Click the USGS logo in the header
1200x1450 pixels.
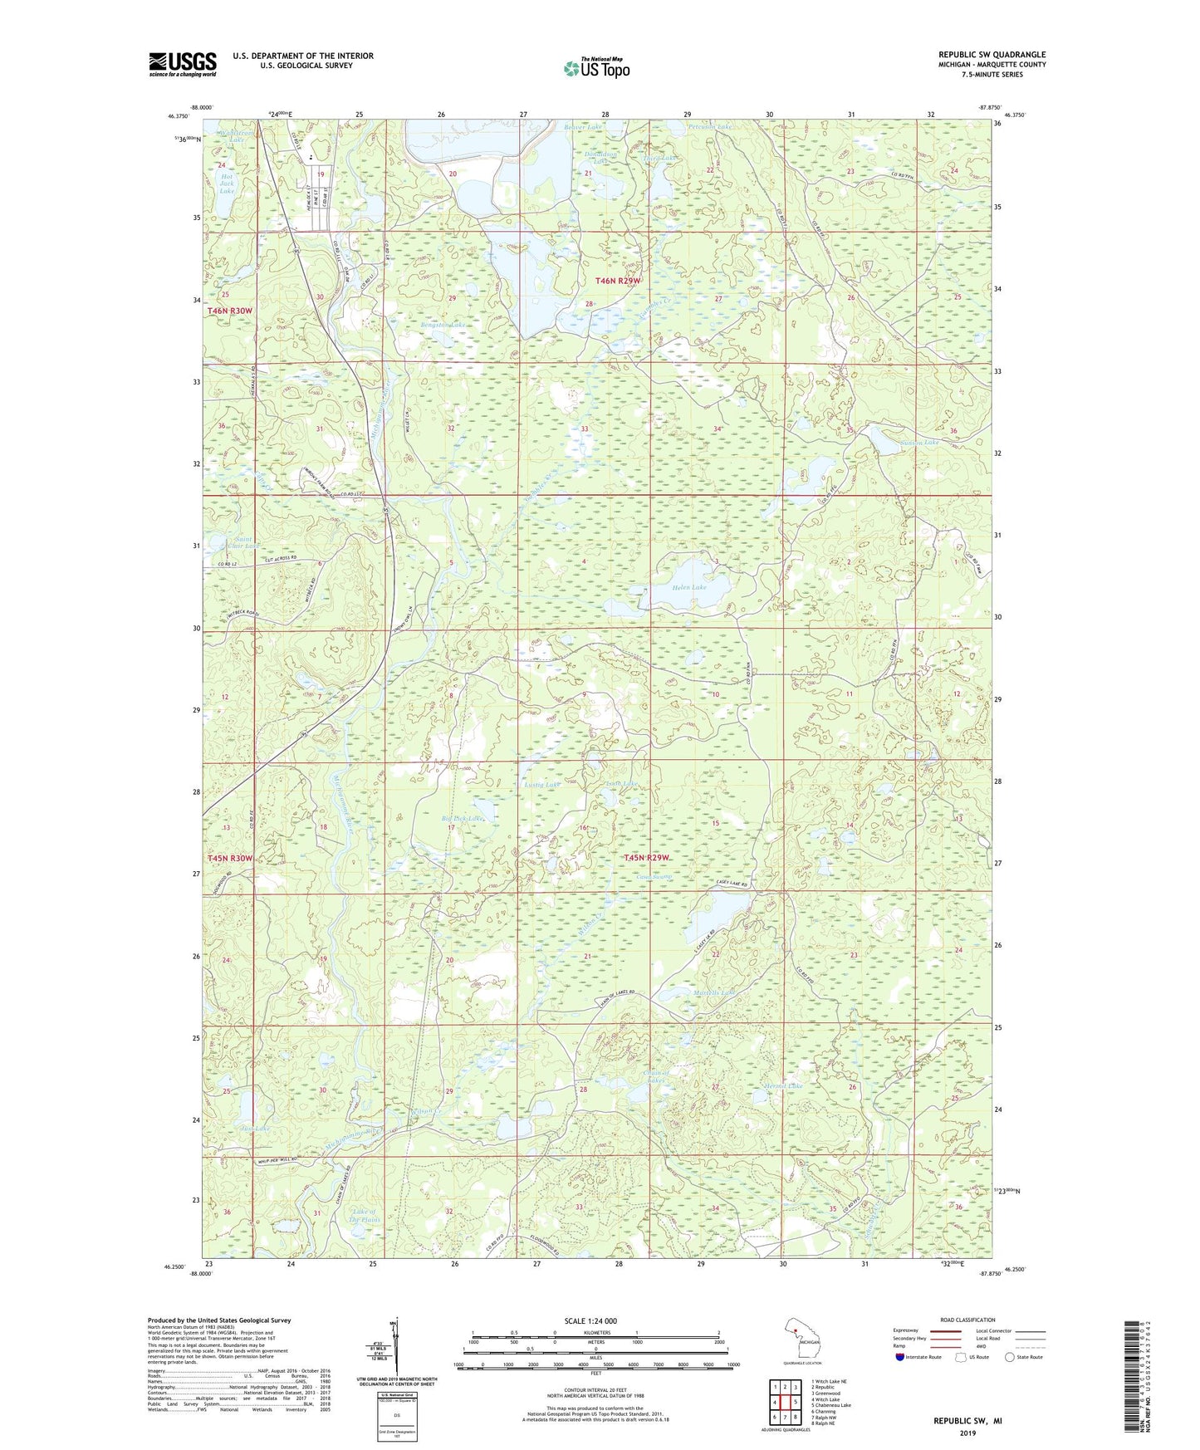[x=183, y=64]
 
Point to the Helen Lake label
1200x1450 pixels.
[x=688, y=587]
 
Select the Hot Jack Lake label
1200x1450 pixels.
[x=226, y=184]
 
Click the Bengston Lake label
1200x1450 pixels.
[x=443, y=325]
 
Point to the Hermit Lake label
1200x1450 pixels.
[x=783, y=1086]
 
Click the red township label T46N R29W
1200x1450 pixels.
[x=619, y=281]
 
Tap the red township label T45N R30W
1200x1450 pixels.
[x=229, y=858]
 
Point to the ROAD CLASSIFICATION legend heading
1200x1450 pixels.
[x=967, y=1320]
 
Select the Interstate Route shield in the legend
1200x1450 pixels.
[x=899, y=1357]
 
